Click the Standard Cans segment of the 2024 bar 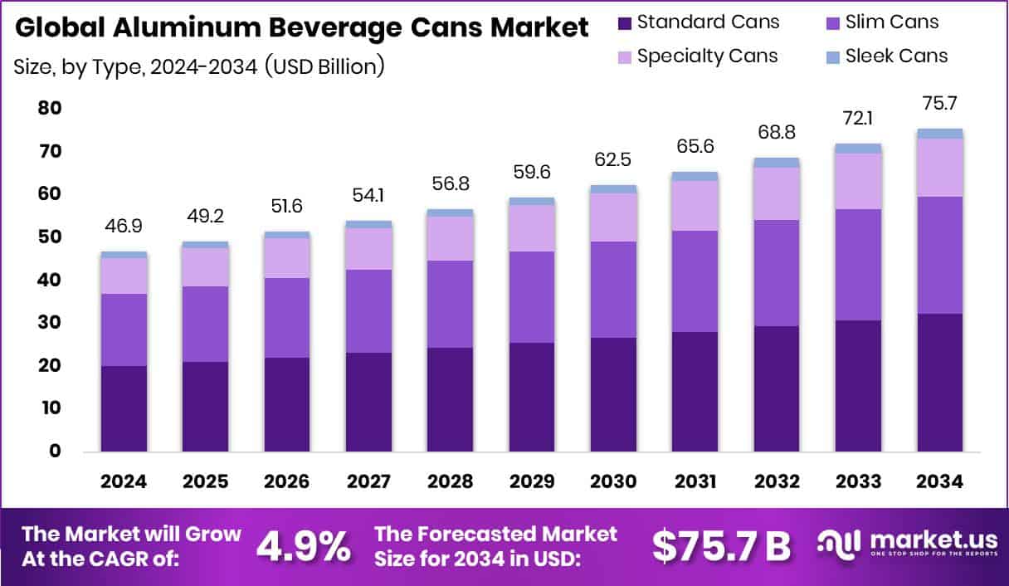click(124, 408)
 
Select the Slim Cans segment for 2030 click(613, 290)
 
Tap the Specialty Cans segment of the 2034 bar click(940, 168)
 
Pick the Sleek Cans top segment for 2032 click(777, 163)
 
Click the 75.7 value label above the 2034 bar click(940, 104)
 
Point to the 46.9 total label click(124, 227)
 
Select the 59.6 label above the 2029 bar click(532, 173)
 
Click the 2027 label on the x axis click(368, 482)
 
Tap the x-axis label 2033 click(858, 482)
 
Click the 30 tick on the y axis click(51, 322)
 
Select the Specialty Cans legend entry click(707, 56)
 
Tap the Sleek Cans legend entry click(896, 56)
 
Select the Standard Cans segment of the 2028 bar click(450, 399)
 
